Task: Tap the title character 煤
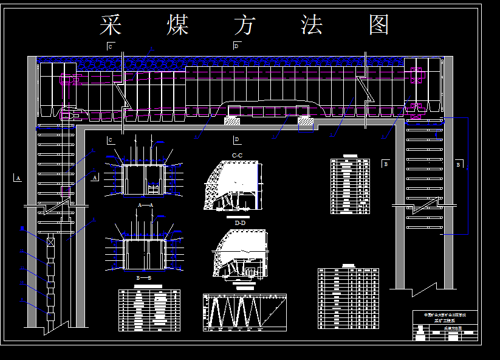click(x=178, y=25)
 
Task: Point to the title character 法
click(x=312, y=25)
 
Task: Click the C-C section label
click(x=238, y=156)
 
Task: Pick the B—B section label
click(x=144, y=277)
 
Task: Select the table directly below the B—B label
click(x=149, y=310)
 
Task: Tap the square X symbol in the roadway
click(x=50, y=241)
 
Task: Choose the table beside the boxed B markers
click(x=350, y=185)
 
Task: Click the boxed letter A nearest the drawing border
click(x=18, y=178)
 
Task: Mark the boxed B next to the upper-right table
click(x=385, y=163)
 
